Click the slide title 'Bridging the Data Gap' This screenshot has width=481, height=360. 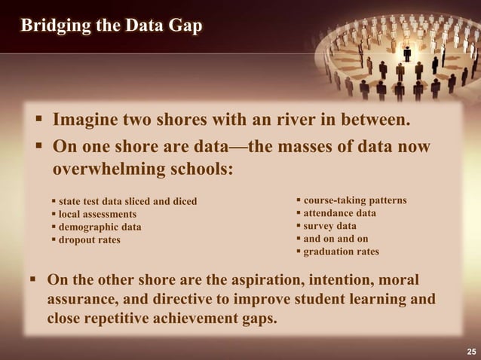(111, 26)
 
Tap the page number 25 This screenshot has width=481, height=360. (471, 352)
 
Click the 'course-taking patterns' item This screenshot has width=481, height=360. (354, 200)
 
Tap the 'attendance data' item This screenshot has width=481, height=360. (339, 213)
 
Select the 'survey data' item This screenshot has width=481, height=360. (329, 226)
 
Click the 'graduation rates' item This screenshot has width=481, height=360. (341, 252)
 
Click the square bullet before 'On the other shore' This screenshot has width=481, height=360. (32, 280)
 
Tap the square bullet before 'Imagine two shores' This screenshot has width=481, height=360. (38, 120)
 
